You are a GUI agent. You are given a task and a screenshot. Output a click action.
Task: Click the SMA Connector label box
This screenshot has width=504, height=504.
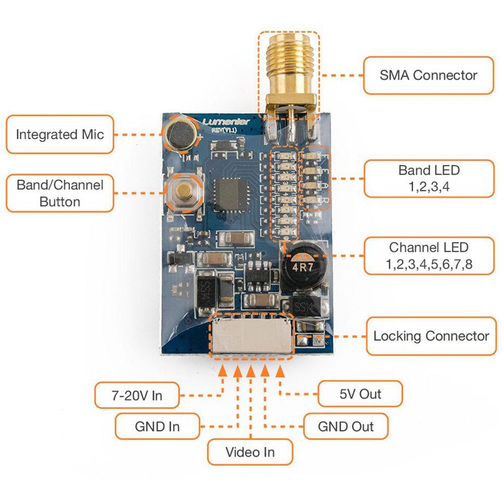click(x=428, y=76)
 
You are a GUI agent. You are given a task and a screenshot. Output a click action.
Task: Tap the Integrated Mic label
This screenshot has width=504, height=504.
click(x=59, y=135)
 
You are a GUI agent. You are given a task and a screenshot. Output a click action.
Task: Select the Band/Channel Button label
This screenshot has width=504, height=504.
click(x=59, y=193)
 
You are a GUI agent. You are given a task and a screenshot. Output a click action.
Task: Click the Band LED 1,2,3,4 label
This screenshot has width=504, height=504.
click(x=428, y=178)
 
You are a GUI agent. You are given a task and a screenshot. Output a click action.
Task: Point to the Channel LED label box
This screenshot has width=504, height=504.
click(x=428, y=256)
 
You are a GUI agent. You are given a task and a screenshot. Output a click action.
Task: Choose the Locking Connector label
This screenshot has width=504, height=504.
click(x=431, y=336)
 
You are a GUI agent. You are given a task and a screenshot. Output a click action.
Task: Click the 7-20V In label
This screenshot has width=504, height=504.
click(x=137, y=395)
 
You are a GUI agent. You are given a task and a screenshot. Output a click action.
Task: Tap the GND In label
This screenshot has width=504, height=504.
click(x=157, y=426)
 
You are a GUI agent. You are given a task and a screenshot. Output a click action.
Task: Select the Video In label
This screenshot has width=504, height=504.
click(x=250, y=452)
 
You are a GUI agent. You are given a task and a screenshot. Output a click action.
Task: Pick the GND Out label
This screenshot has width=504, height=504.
click(x=346, y=426)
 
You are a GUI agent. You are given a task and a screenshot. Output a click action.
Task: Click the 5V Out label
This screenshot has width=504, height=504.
click(x=360, y=394)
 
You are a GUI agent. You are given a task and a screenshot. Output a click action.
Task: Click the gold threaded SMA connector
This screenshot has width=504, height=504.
click(x=288, y=71)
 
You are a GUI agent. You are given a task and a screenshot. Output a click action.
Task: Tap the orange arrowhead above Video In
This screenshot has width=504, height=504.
click(x=250, y=370)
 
